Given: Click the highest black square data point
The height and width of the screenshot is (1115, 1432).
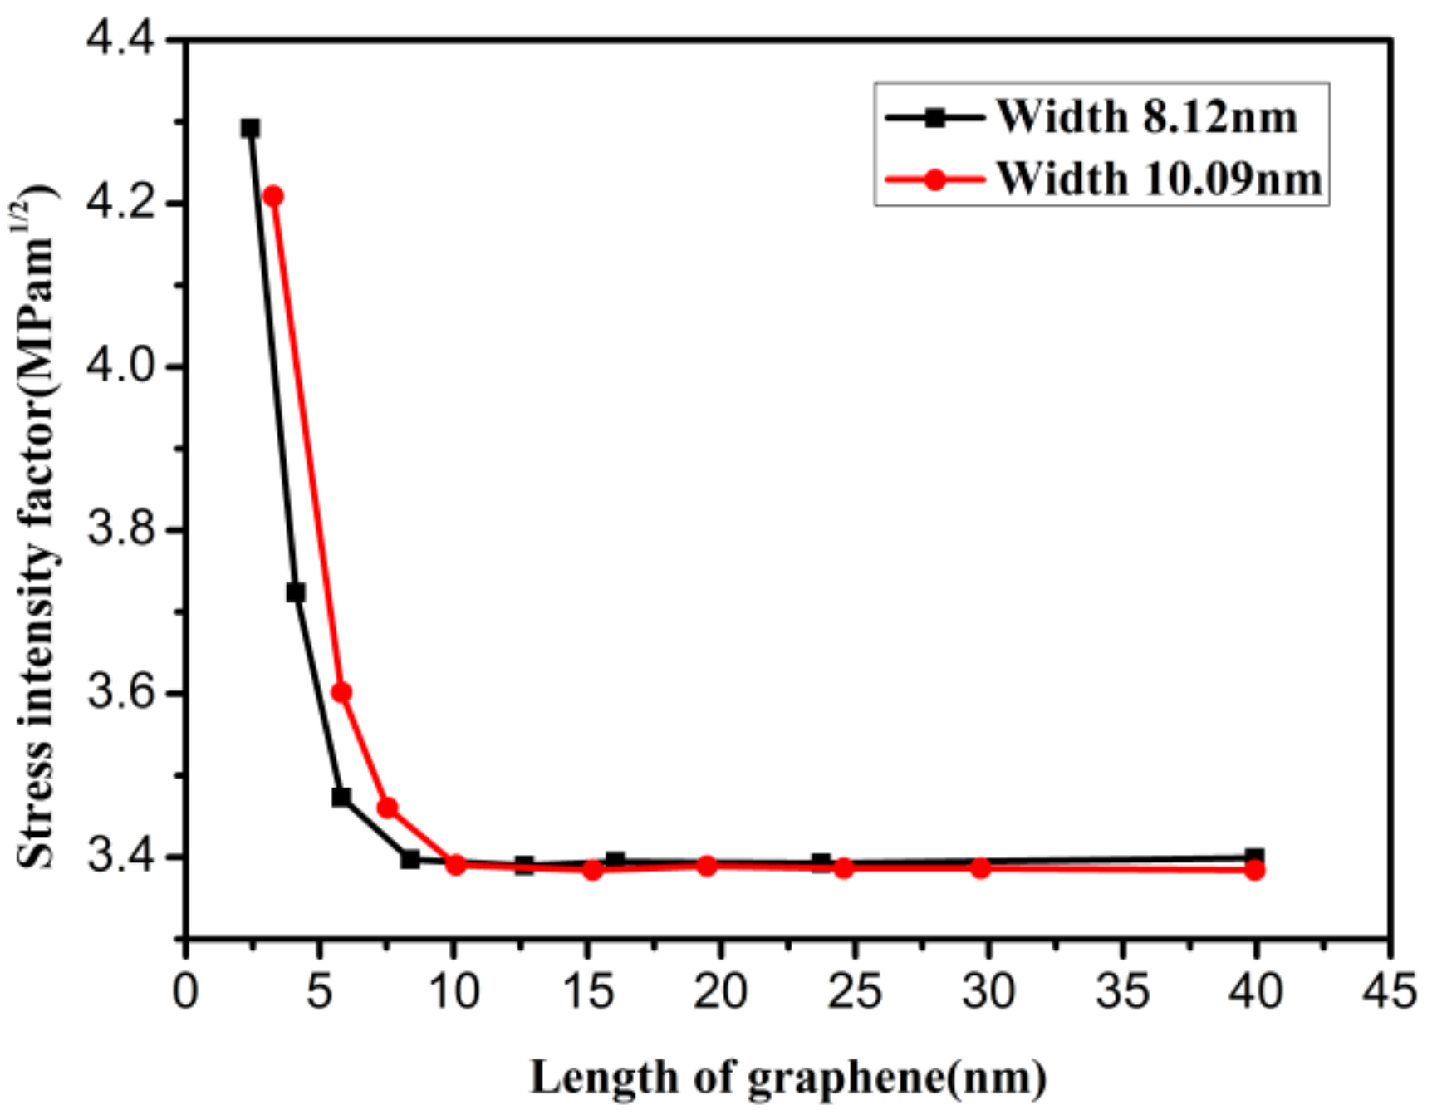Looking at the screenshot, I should coord(250,128).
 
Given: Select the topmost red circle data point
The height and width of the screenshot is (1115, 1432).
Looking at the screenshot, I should coord(273,196).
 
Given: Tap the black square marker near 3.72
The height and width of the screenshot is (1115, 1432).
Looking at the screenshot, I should coord(296,592).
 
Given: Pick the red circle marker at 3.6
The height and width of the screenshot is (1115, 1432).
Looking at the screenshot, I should coord(341,692).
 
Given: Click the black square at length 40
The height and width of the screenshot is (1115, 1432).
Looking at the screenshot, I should coord(1254,857).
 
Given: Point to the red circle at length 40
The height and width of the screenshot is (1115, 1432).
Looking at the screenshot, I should coord(1254,870).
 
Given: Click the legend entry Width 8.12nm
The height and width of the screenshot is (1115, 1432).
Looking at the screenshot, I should coord(1146,116).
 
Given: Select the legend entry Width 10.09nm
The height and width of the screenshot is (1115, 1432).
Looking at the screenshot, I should coord(1158,179).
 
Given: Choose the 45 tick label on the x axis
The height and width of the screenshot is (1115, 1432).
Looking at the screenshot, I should coord(1390,991).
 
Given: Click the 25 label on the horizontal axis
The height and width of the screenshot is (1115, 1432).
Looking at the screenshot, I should coord(855,991).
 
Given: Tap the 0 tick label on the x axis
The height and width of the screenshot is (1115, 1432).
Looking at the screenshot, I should coord(185,991).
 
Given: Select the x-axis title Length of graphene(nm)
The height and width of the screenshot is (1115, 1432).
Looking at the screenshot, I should coord(787,1078).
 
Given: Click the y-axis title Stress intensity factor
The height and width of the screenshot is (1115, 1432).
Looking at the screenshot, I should coord(35,532).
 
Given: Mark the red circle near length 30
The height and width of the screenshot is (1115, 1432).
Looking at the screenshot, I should coord(980,868).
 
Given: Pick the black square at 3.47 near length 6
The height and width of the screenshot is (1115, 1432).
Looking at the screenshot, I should coord(341,797).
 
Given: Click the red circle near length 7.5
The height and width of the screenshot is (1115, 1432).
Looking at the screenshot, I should coord(387,808).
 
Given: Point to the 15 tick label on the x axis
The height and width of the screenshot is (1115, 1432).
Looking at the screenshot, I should coord(587,991).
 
